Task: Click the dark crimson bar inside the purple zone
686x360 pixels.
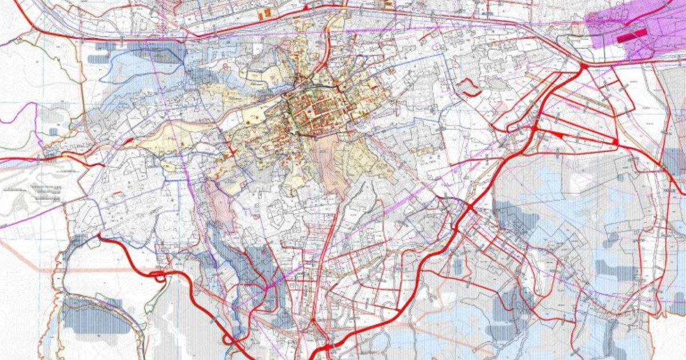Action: point(631,35)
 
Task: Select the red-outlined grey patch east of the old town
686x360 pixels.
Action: point(469,87)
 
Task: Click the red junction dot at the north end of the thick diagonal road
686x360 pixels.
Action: point(584,67)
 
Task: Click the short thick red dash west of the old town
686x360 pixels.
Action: point(128,140)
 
